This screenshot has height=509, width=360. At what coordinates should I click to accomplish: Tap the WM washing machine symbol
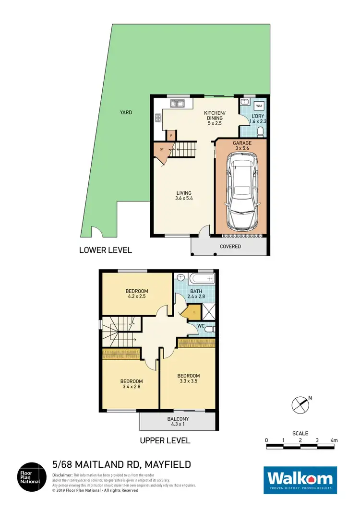tap(259, 106)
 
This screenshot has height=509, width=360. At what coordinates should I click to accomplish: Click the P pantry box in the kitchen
tap(171, 136)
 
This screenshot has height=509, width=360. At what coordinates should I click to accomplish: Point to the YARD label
tap(127, 112)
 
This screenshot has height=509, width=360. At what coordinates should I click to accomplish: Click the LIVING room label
tap(183, 193)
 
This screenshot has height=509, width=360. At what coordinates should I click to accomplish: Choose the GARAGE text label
tap(241, 143)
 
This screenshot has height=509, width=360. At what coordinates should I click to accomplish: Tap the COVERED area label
tap(230, 247)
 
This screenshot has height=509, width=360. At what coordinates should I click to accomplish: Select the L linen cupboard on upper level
tap(193, 312)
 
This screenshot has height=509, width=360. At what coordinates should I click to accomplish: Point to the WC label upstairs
tap(202, 327)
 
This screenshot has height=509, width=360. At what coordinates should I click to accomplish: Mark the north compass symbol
tap(301, 404)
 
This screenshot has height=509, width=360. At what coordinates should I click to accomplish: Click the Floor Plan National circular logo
tap(33, 476)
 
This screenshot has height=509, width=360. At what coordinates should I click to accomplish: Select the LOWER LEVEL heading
tap(106, 250)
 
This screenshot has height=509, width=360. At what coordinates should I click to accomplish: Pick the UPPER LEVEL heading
tap(165, 440)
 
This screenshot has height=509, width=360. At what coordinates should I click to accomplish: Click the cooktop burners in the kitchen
tap(157, 118)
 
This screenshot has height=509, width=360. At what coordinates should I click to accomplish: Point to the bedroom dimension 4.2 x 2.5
tap(137, 297)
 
